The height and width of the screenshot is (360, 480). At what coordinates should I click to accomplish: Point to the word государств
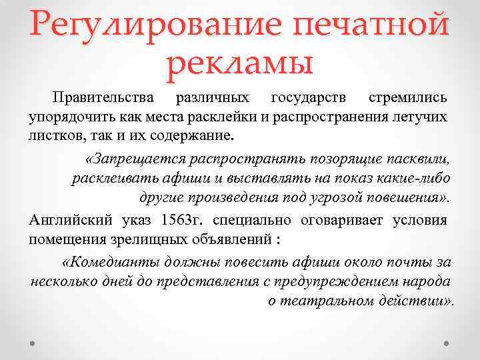[x=309, y=97]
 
